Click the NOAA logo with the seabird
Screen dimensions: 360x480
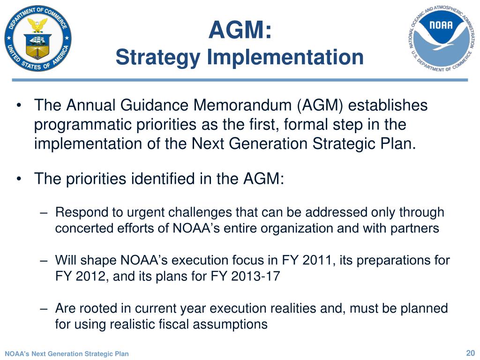coord(441,38)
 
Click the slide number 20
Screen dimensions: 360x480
coord(470,353)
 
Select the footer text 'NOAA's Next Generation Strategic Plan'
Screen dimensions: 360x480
coord(67,354)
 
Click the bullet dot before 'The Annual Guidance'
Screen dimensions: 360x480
coord(19,106)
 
